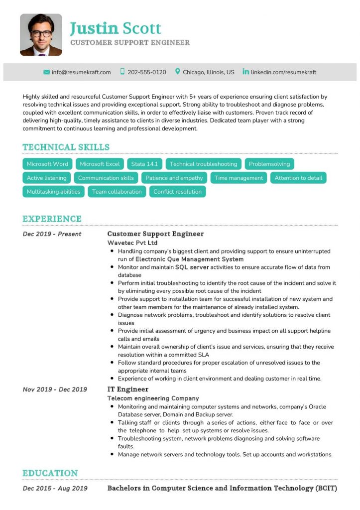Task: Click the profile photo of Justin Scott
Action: click(x=41, y=34)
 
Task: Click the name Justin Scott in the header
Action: click(x=116, y=28)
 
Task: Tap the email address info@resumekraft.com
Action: click(x=81, y=72)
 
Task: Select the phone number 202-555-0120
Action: click(x=147, y=72)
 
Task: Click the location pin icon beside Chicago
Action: click(x=178, y=72)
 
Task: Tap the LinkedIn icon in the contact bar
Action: click(x=245, y=72)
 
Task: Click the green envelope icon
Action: click(x=47, y=72)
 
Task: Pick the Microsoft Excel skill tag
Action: click(x=100, y=164)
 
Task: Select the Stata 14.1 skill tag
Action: click(x=144, y=164)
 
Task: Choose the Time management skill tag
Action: click(x=239, y=178)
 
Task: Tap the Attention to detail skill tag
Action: click(x=298, y=178)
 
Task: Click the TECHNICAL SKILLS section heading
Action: click(x=66, y=147)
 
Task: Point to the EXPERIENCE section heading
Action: click(x=52, y=219)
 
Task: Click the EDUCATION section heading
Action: click(x=50, y=473)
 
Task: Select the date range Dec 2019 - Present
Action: click(x=52, y=234)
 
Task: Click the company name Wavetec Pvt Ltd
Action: click(x=132, y=243)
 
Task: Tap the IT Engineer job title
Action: click(x=128, y=389)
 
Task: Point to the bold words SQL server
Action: click(x=192, y=267)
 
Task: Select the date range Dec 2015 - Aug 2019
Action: click(x=55, y=489)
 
